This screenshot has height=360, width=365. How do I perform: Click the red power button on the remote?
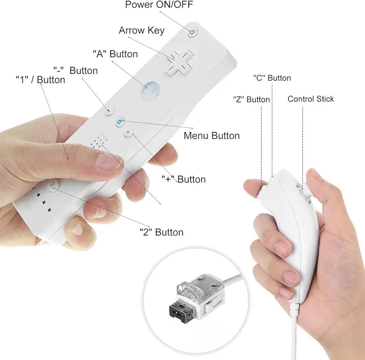[192, 32]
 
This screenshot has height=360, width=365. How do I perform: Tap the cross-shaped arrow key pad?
[179, 63]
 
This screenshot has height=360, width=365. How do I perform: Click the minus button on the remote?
[109, 111]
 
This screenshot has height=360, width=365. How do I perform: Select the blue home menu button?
[120, 122]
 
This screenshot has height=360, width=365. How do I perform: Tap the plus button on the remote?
[129, 133]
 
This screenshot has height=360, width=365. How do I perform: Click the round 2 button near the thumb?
[53, 185]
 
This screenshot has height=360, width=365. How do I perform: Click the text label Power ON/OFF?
[159, 5]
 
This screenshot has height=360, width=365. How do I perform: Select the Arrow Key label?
[141, 30]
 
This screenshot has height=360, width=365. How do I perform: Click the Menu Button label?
[212, 136]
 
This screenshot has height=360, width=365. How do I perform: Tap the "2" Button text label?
[162, 232]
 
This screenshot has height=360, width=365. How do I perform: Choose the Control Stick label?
[311, 99]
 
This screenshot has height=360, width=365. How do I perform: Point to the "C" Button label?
[272, 78]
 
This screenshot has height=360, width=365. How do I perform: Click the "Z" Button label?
[251, 99]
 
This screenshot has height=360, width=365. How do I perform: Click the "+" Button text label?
[184, 179]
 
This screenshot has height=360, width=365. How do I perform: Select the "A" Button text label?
[115, 54]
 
